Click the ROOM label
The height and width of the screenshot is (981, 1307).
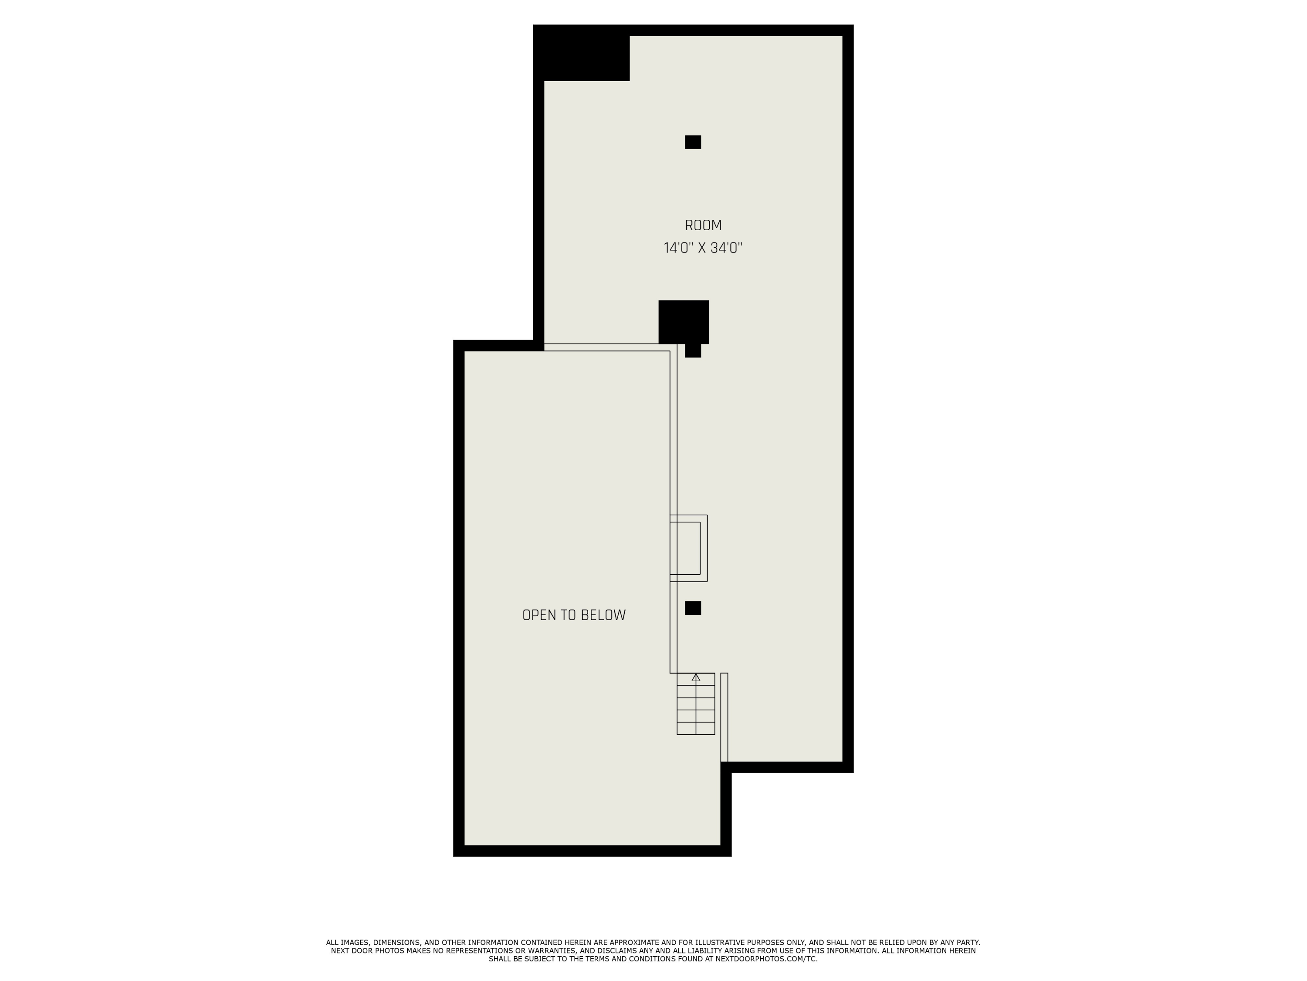click(703, 225)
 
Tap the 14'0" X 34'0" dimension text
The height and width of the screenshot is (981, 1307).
click(703, 248)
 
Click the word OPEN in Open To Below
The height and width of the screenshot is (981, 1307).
click(538, 615)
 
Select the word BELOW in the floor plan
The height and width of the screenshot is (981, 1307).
click(603, 615)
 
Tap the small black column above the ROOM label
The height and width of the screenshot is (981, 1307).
click(693, 142)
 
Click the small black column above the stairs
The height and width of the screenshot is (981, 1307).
click(693, 608)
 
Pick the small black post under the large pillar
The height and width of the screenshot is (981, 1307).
click(693, 351)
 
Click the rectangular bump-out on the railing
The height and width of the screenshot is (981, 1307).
click(688, 548)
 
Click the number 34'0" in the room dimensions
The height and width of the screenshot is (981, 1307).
click(726, 248)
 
